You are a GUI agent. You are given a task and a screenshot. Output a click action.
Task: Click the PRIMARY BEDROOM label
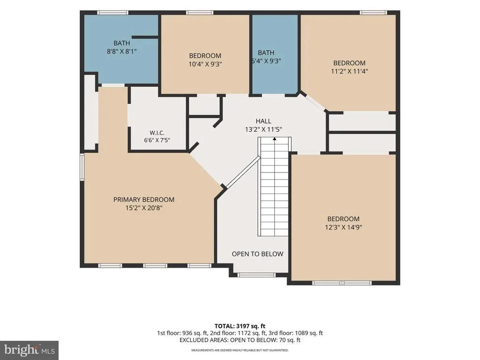(144, 200)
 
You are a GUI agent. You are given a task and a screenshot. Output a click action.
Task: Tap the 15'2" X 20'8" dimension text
(144, 208)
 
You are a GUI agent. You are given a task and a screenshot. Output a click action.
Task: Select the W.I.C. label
(157, 133)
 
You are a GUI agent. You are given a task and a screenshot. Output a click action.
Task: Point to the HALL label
(263, 121)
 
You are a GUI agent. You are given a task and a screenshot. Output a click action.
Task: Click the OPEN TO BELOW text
(257, 254)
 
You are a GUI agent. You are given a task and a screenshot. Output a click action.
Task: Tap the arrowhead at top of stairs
(275, 139)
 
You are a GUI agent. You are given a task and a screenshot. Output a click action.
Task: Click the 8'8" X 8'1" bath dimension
(121, 52)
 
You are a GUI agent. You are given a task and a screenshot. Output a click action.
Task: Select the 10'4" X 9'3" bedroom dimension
(205, 64)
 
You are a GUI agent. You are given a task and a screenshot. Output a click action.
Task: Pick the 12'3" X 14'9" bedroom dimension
(344, 227)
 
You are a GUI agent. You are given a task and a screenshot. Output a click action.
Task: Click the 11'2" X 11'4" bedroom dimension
(349, 71)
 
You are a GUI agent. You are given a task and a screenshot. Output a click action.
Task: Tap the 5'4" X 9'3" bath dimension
(266, 61)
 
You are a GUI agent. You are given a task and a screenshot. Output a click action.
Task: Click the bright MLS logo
(30, 350)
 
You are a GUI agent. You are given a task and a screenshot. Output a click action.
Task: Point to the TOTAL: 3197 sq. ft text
(240, 326)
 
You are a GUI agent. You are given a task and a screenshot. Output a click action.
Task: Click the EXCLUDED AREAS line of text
(240, 340)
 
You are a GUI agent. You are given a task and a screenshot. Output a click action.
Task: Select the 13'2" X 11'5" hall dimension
(263, 129)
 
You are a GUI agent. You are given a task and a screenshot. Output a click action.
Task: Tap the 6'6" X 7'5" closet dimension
(157, 140)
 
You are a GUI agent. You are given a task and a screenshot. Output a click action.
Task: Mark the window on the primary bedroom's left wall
(82, 166)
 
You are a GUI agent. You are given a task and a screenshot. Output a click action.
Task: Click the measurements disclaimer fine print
(240, 350)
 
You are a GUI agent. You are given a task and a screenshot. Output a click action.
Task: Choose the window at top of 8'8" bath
(112, 13)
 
